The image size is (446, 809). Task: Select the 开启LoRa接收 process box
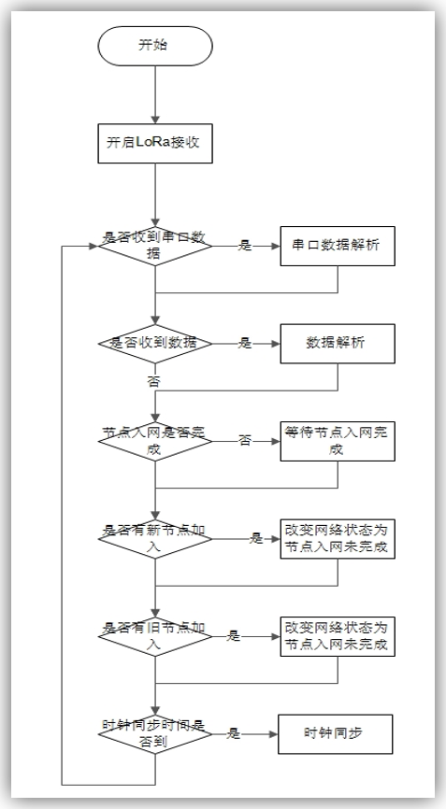click(x=155, y=144)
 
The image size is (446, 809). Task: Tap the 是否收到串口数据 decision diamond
click(x=155, y=246)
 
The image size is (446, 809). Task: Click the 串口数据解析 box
click(x=337, y=246)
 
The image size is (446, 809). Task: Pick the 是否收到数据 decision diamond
click(x=155, y=343)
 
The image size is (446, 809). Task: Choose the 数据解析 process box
click(x=337, y=343)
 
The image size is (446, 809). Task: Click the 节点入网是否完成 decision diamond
click(x=155, y=441)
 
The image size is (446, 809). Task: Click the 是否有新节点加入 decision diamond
click(x=155, y=539)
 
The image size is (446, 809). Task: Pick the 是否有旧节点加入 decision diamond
click(x=155, y=636)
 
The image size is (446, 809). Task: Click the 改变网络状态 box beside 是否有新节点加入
click(x=337, y=539)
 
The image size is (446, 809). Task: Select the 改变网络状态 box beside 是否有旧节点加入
click(x=337, y=636)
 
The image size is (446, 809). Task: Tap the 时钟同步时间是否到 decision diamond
click(x=155, y=734)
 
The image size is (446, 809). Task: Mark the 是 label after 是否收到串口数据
click(x=245, y=246)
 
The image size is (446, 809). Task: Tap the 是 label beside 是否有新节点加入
click(x=256, y=539)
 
